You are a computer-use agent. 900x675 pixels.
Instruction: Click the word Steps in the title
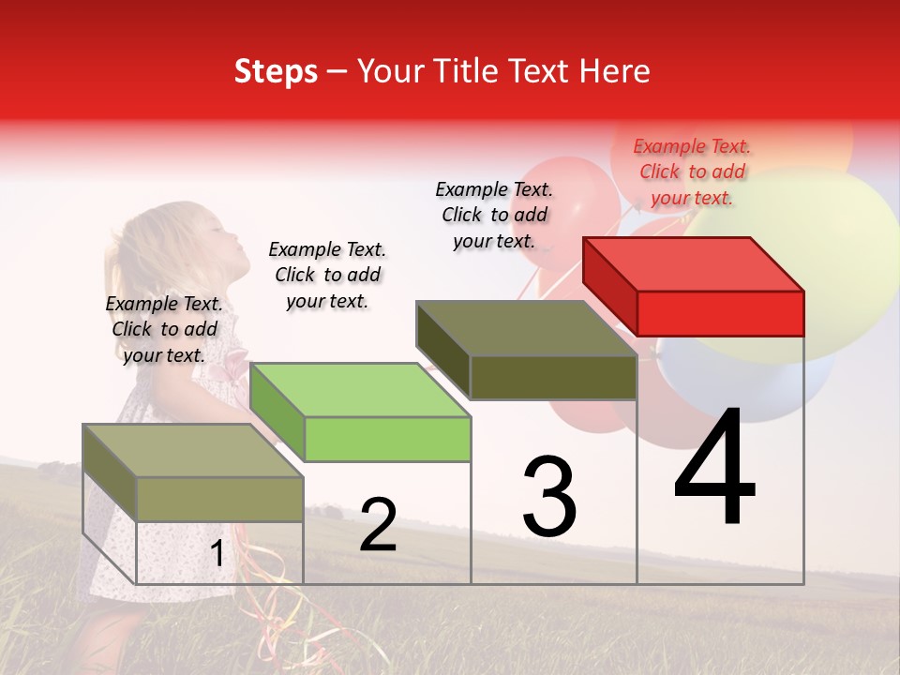pos(276,72)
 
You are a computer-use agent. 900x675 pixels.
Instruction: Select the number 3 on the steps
pos(549,497)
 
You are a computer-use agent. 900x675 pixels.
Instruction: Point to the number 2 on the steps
pos(378,526)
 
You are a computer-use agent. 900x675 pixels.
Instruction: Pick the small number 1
pos(217,554)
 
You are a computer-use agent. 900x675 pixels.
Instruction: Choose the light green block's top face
pos(360,389)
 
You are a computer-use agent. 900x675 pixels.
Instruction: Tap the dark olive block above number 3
pos(527,328)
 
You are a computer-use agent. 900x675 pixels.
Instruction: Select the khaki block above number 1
pos(193,451)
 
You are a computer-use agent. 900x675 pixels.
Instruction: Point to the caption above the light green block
pos(327,275)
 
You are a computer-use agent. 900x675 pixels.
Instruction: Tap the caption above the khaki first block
pos(164,329)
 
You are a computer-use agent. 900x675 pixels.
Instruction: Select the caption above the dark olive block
pos(494,215)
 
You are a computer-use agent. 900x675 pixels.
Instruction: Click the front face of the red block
pos(720,313)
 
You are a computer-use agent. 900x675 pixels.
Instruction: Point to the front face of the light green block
pos(387,439)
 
